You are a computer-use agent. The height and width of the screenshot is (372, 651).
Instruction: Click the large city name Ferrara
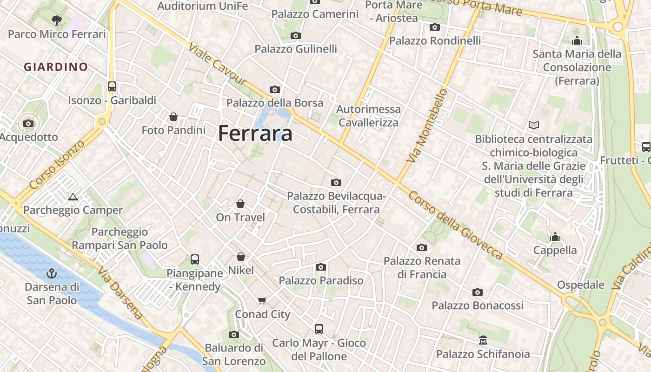click(255, 133)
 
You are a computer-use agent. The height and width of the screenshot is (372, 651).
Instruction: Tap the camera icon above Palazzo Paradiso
click(320, 267)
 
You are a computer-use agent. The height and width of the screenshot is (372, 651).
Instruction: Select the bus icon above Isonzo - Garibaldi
click(112, 86)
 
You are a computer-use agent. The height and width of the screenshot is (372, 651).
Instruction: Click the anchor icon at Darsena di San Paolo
click(52, 273)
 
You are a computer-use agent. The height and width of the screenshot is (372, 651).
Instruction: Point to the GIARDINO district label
click(56, 67)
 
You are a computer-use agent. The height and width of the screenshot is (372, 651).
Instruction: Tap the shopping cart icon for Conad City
click(262, 301)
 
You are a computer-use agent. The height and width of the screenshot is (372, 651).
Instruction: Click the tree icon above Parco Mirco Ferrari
click(57, 20)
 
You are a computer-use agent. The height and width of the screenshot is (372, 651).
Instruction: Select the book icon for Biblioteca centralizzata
click(534, 125)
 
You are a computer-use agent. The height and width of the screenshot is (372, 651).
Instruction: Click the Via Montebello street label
click(427, 126)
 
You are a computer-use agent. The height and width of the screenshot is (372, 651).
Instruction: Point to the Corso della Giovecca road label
click(455, 225)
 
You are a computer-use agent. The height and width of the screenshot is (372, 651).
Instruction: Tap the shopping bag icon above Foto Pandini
click(173, 116)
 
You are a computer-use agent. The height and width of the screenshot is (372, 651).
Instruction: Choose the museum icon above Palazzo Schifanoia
click(483, 340)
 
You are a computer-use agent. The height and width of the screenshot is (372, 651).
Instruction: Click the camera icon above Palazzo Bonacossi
click(478, 292)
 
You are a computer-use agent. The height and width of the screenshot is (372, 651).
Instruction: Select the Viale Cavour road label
click(217, 66)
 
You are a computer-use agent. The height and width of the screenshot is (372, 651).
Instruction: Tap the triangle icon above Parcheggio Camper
click(73, 197)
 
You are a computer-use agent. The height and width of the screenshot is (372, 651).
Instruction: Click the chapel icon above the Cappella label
click(555, 237)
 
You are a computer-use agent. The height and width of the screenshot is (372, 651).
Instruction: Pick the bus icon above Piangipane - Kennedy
click(195, 259)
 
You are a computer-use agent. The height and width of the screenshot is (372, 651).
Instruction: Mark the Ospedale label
click(580, 285)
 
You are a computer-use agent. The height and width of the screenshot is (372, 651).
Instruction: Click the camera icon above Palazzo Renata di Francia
click(422, 247)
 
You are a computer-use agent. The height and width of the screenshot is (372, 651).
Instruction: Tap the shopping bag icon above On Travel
click(240, 204)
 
